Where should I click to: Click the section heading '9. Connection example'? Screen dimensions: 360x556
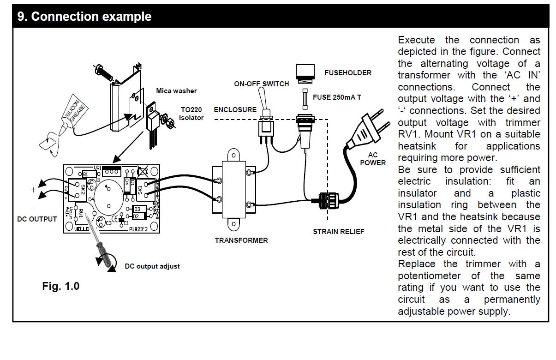pos(84,17)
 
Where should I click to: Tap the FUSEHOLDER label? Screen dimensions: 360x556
pos(348,73)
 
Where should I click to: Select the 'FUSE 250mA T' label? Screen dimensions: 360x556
pos(337,97)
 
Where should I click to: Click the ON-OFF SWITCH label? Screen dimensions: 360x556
pos(262,84)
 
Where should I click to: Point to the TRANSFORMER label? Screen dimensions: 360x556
pos(241,240)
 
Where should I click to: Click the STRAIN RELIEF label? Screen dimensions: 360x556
pos(338,231)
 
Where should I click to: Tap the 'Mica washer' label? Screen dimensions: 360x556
pos(176,91)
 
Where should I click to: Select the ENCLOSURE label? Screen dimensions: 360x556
pos(235,110)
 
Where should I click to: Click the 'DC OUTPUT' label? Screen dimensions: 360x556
pos(37,219)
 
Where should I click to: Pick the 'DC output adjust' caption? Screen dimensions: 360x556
pos(152,266)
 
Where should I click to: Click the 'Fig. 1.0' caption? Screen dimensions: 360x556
pos(61,286)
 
